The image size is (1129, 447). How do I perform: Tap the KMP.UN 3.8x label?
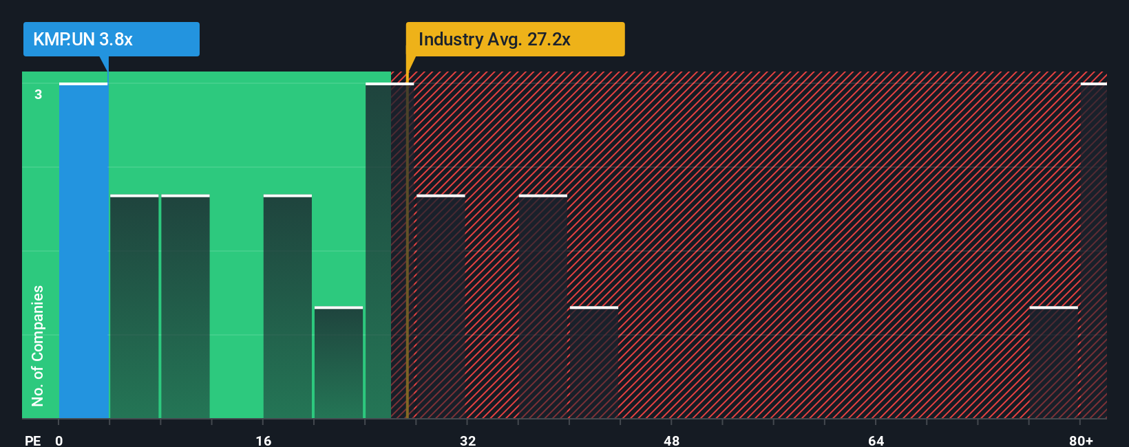[x=83, y=39]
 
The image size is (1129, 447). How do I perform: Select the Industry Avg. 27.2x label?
[x=494, y=39]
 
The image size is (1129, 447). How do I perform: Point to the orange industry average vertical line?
[x=407, y=275]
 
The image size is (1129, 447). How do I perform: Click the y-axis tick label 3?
[x=39, y=94]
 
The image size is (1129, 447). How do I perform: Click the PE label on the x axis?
[x=32, y=440]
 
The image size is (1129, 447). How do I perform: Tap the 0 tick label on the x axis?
[x=59, y=440]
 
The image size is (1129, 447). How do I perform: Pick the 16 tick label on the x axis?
[x=264, y=440]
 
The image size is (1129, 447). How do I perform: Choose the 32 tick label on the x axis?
[x=467, y=440]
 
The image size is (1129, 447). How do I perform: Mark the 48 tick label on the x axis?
[x=672, y=440]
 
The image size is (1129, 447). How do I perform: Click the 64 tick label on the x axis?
[x=876, y=440]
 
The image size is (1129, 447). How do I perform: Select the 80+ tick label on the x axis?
[x=1081, y=440]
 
